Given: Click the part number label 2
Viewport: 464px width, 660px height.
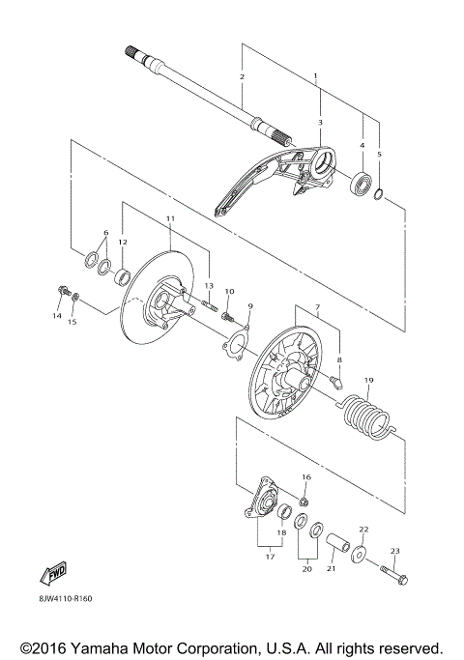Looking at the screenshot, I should point(242,76).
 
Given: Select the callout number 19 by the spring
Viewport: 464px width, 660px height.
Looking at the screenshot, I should point(366,381).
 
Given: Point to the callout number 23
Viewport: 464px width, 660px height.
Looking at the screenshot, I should point(393,552).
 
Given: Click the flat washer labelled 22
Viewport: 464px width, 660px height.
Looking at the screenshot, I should point(360,555).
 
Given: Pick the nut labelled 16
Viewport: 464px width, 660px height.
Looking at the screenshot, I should point(304,501).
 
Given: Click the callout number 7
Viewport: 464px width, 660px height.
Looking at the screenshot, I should point(315,306).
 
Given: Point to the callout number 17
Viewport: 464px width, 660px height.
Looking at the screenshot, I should point(270,557).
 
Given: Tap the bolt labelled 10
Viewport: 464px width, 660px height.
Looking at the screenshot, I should point(228,314).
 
